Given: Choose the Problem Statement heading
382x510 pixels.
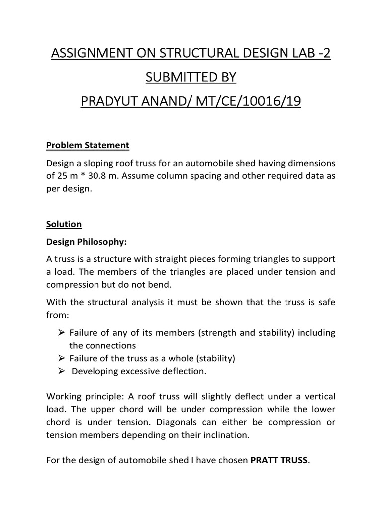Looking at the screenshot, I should point(88,146).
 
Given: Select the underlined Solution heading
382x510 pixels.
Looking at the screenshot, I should point(64,224).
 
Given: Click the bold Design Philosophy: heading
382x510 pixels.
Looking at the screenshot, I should point(87,242).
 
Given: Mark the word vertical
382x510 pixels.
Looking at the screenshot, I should point(320,397).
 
